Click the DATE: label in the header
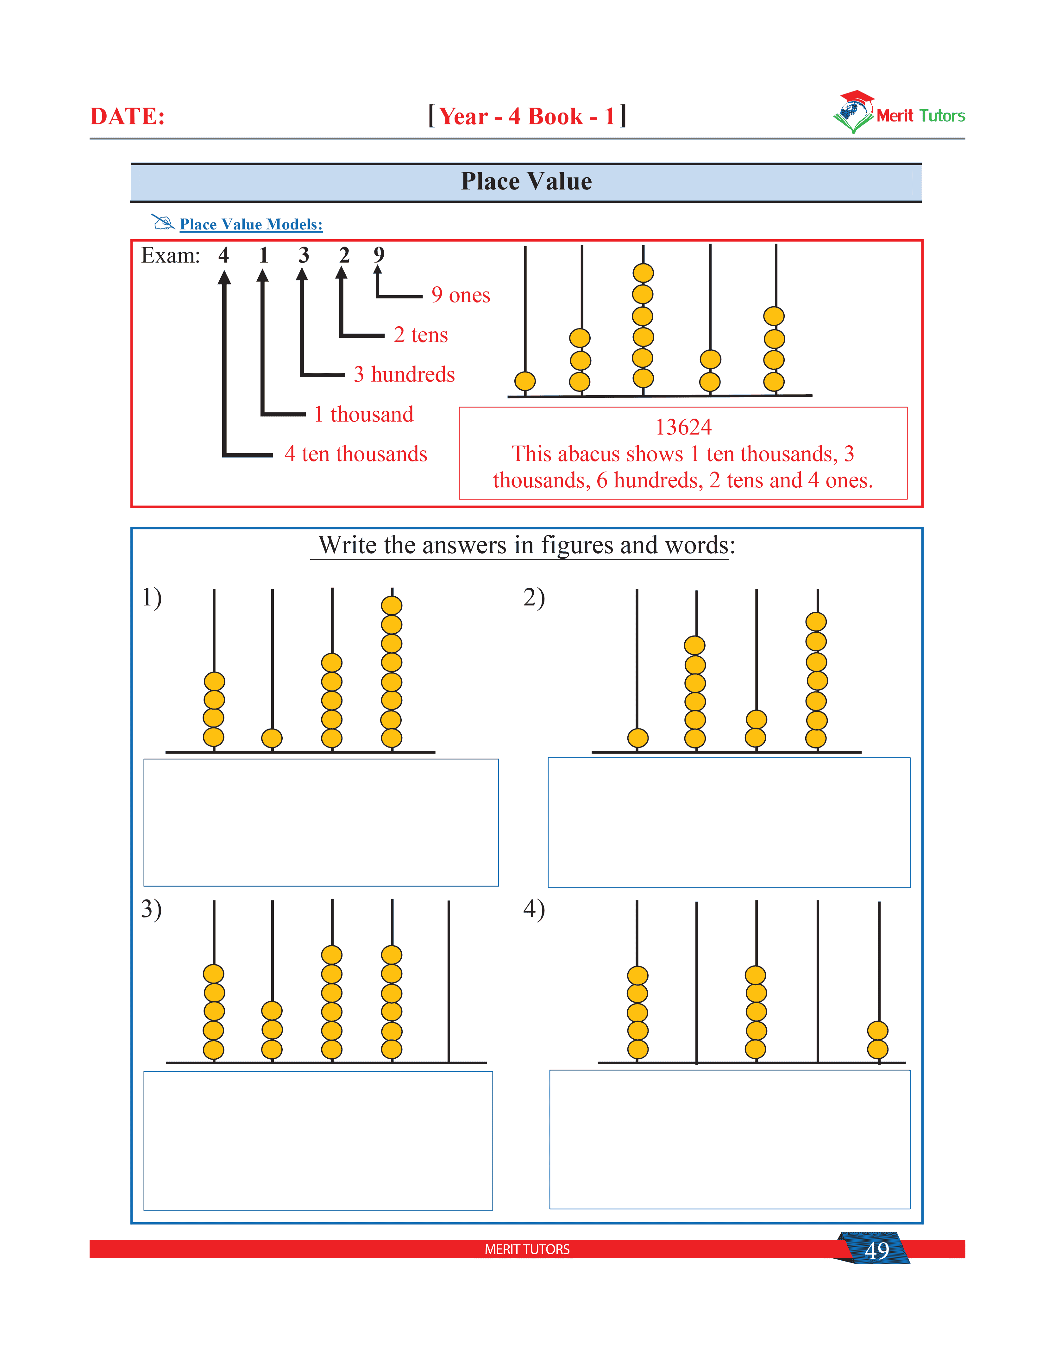pyautogui.click(x=128, y=116)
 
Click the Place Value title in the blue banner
pyautogui.click(x=526, y=181)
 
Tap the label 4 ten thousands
pyautogui.click(x=356, y=454)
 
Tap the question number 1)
pyautogui.click(x=152, y=598)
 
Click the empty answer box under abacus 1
pyautogui.click(x=321, y=823)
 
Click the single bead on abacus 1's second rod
pyautogui.click(x=272, y=738)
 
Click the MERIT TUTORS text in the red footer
pyautogui.click(x=527, y=1249)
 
